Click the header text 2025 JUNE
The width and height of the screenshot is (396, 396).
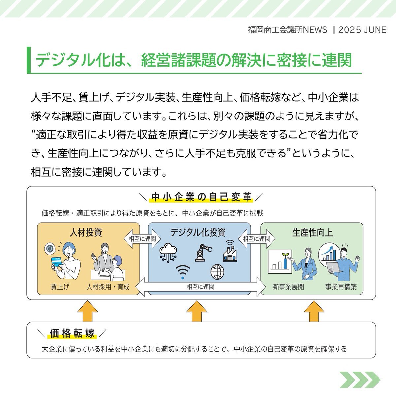[x=362, y=30]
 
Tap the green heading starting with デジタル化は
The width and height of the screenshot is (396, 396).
[x=194, y=60]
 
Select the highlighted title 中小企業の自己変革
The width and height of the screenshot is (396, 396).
[x=201, y=197]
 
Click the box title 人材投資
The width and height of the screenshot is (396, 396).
[x=86, y=233]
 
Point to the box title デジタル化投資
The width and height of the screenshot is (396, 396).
[x=198, y=233]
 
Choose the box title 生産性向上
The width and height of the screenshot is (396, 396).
[x=313, y=233]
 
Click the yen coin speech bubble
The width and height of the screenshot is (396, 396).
[x=50, y=249]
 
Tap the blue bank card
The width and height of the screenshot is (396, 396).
[x=57, y=262]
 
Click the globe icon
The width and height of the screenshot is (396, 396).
[x=217, y=272]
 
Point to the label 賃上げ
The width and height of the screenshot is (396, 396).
[x=60, y=287]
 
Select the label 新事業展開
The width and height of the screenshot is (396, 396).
[x=288, y=287]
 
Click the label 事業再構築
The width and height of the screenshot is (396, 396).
[x=341, y=287]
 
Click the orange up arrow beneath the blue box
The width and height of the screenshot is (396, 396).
[x=197, y=311]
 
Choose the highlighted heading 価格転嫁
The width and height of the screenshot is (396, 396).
[x=72, y=333]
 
